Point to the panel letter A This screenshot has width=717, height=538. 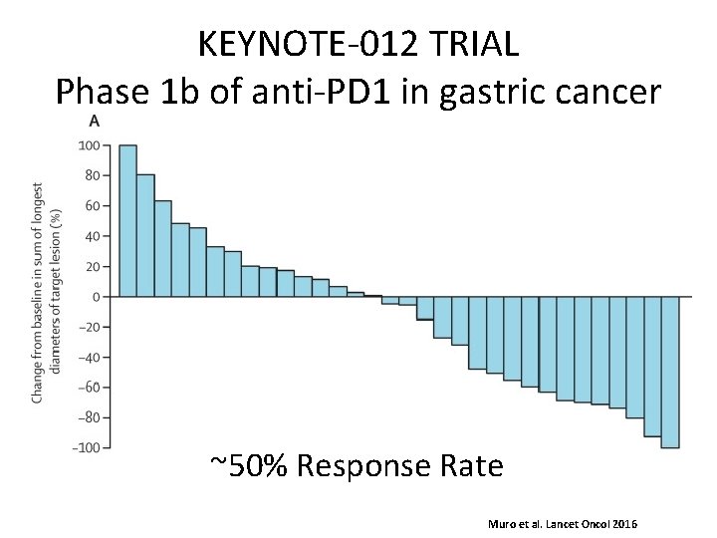point(95,122)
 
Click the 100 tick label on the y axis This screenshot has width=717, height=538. point(88,145)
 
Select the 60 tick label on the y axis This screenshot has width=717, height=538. point(91,206)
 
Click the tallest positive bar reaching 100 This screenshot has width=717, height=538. point(127,221)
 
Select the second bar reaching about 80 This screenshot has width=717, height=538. point(145,236)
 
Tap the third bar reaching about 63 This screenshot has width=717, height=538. point(162,249)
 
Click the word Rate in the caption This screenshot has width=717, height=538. point(473,465)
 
